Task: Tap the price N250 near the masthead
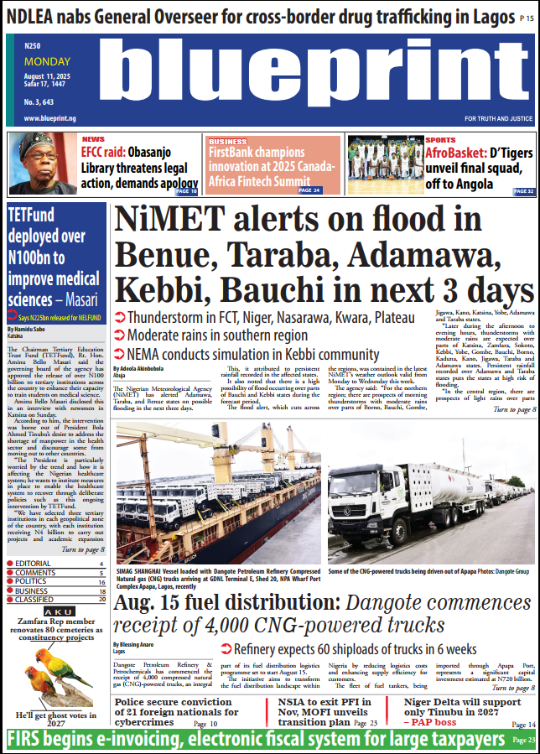pyautogui.click(x=33, y=46)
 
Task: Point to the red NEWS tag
pyautogui.click(x=93, y=139)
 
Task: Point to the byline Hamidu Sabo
pyautogui.click(x=30, y=329)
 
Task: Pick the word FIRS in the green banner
pyautogui.click(x=25, y=740)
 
